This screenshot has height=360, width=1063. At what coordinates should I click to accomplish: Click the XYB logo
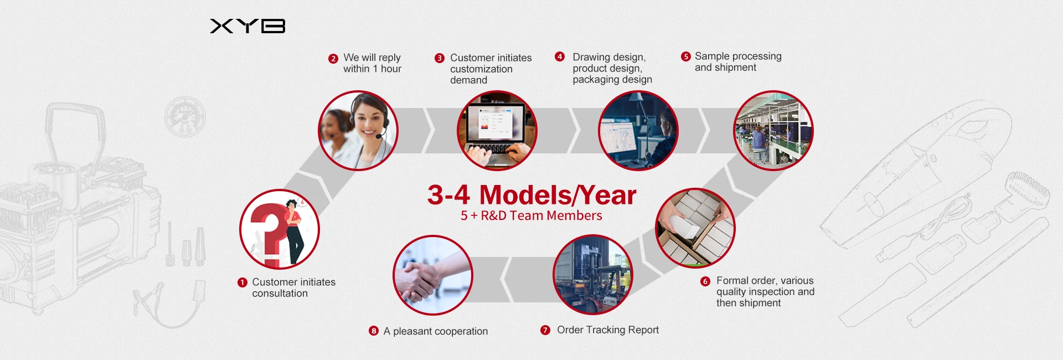click(247, 26)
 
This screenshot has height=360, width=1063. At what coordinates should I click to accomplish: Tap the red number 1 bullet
click(242, 282)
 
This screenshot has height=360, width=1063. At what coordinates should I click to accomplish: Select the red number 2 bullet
click(333, 59)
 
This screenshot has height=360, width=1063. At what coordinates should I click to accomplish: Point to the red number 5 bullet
click(686, 56)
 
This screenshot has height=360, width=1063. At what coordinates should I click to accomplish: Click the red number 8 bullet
click(374, 331)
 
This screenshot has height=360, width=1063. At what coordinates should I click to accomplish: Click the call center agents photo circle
click(358, 131)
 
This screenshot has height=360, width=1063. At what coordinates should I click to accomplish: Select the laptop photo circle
click(497, 131)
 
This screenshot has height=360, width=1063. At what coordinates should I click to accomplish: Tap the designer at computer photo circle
click(638, 131)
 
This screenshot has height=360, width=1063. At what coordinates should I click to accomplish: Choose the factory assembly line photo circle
click(773, 131)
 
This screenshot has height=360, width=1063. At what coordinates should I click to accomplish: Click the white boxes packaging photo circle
click(695, 228)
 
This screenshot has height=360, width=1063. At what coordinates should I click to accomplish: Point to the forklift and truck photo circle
click(593, 275)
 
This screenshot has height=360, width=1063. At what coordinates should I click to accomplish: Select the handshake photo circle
click(433, 275)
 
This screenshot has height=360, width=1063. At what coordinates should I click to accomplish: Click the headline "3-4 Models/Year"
click(532, 195)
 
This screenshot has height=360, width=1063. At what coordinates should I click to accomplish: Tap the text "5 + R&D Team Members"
click(531, 215)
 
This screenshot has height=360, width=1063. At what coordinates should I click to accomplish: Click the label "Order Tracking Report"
click(608, 330)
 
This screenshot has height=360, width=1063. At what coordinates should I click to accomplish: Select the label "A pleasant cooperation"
click(436, 331)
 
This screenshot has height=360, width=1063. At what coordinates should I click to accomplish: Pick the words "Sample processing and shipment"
click(738, 62)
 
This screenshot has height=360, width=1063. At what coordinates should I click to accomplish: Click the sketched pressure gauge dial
click(185, 117)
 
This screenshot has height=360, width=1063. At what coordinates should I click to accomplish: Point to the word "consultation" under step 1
click(280, 294)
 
